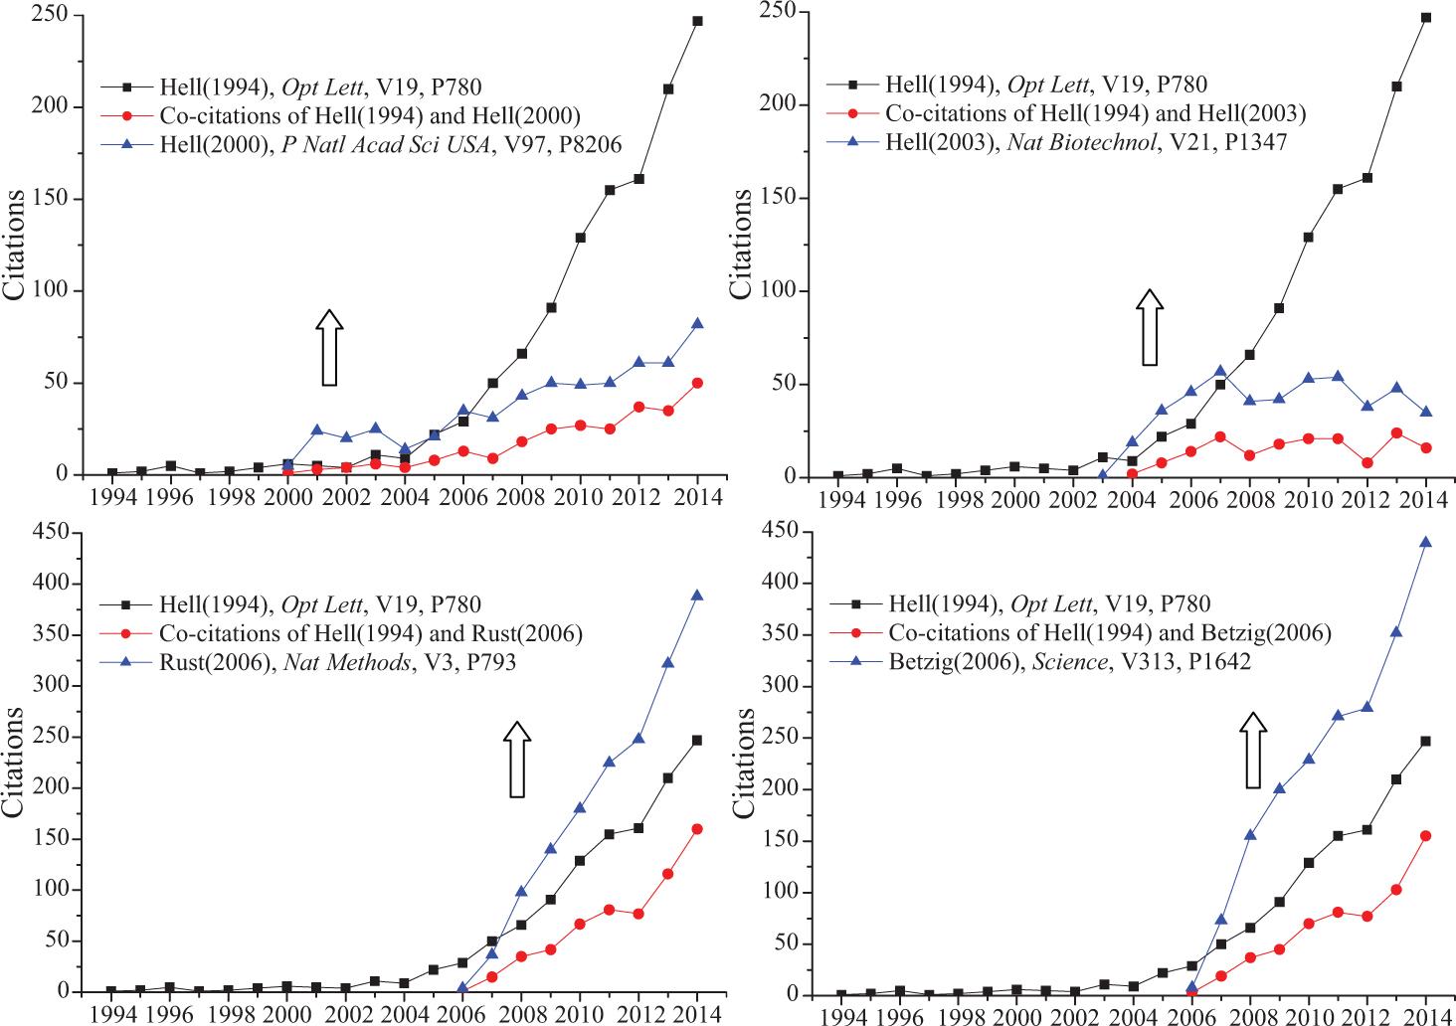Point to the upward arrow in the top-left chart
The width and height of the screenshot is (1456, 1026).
coord(330,347)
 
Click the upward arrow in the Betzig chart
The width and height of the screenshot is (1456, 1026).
coord(1253,750)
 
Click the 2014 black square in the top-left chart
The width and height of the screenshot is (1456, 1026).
coord(697,21)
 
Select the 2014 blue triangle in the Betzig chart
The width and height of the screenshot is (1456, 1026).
coord(1425,542)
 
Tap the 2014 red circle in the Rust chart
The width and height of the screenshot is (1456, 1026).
coord(697,828)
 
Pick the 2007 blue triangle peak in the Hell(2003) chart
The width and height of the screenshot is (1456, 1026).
coord(1220,371)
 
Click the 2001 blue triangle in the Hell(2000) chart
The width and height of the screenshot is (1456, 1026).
coord(317,430)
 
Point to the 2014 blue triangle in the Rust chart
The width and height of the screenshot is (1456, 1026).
coord(697,596)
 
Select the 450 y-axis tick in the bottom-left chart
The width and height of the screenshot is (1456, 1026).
coord(56,534)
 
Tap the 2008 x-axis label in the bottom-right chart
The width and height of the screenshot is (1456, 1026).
coord(1249,1016)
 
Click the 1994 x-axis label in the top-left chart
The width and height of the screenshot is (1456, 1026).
coord(111,496)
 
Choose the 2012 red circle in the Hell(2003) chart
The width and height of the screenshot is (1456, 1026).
coord(1366,462)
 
